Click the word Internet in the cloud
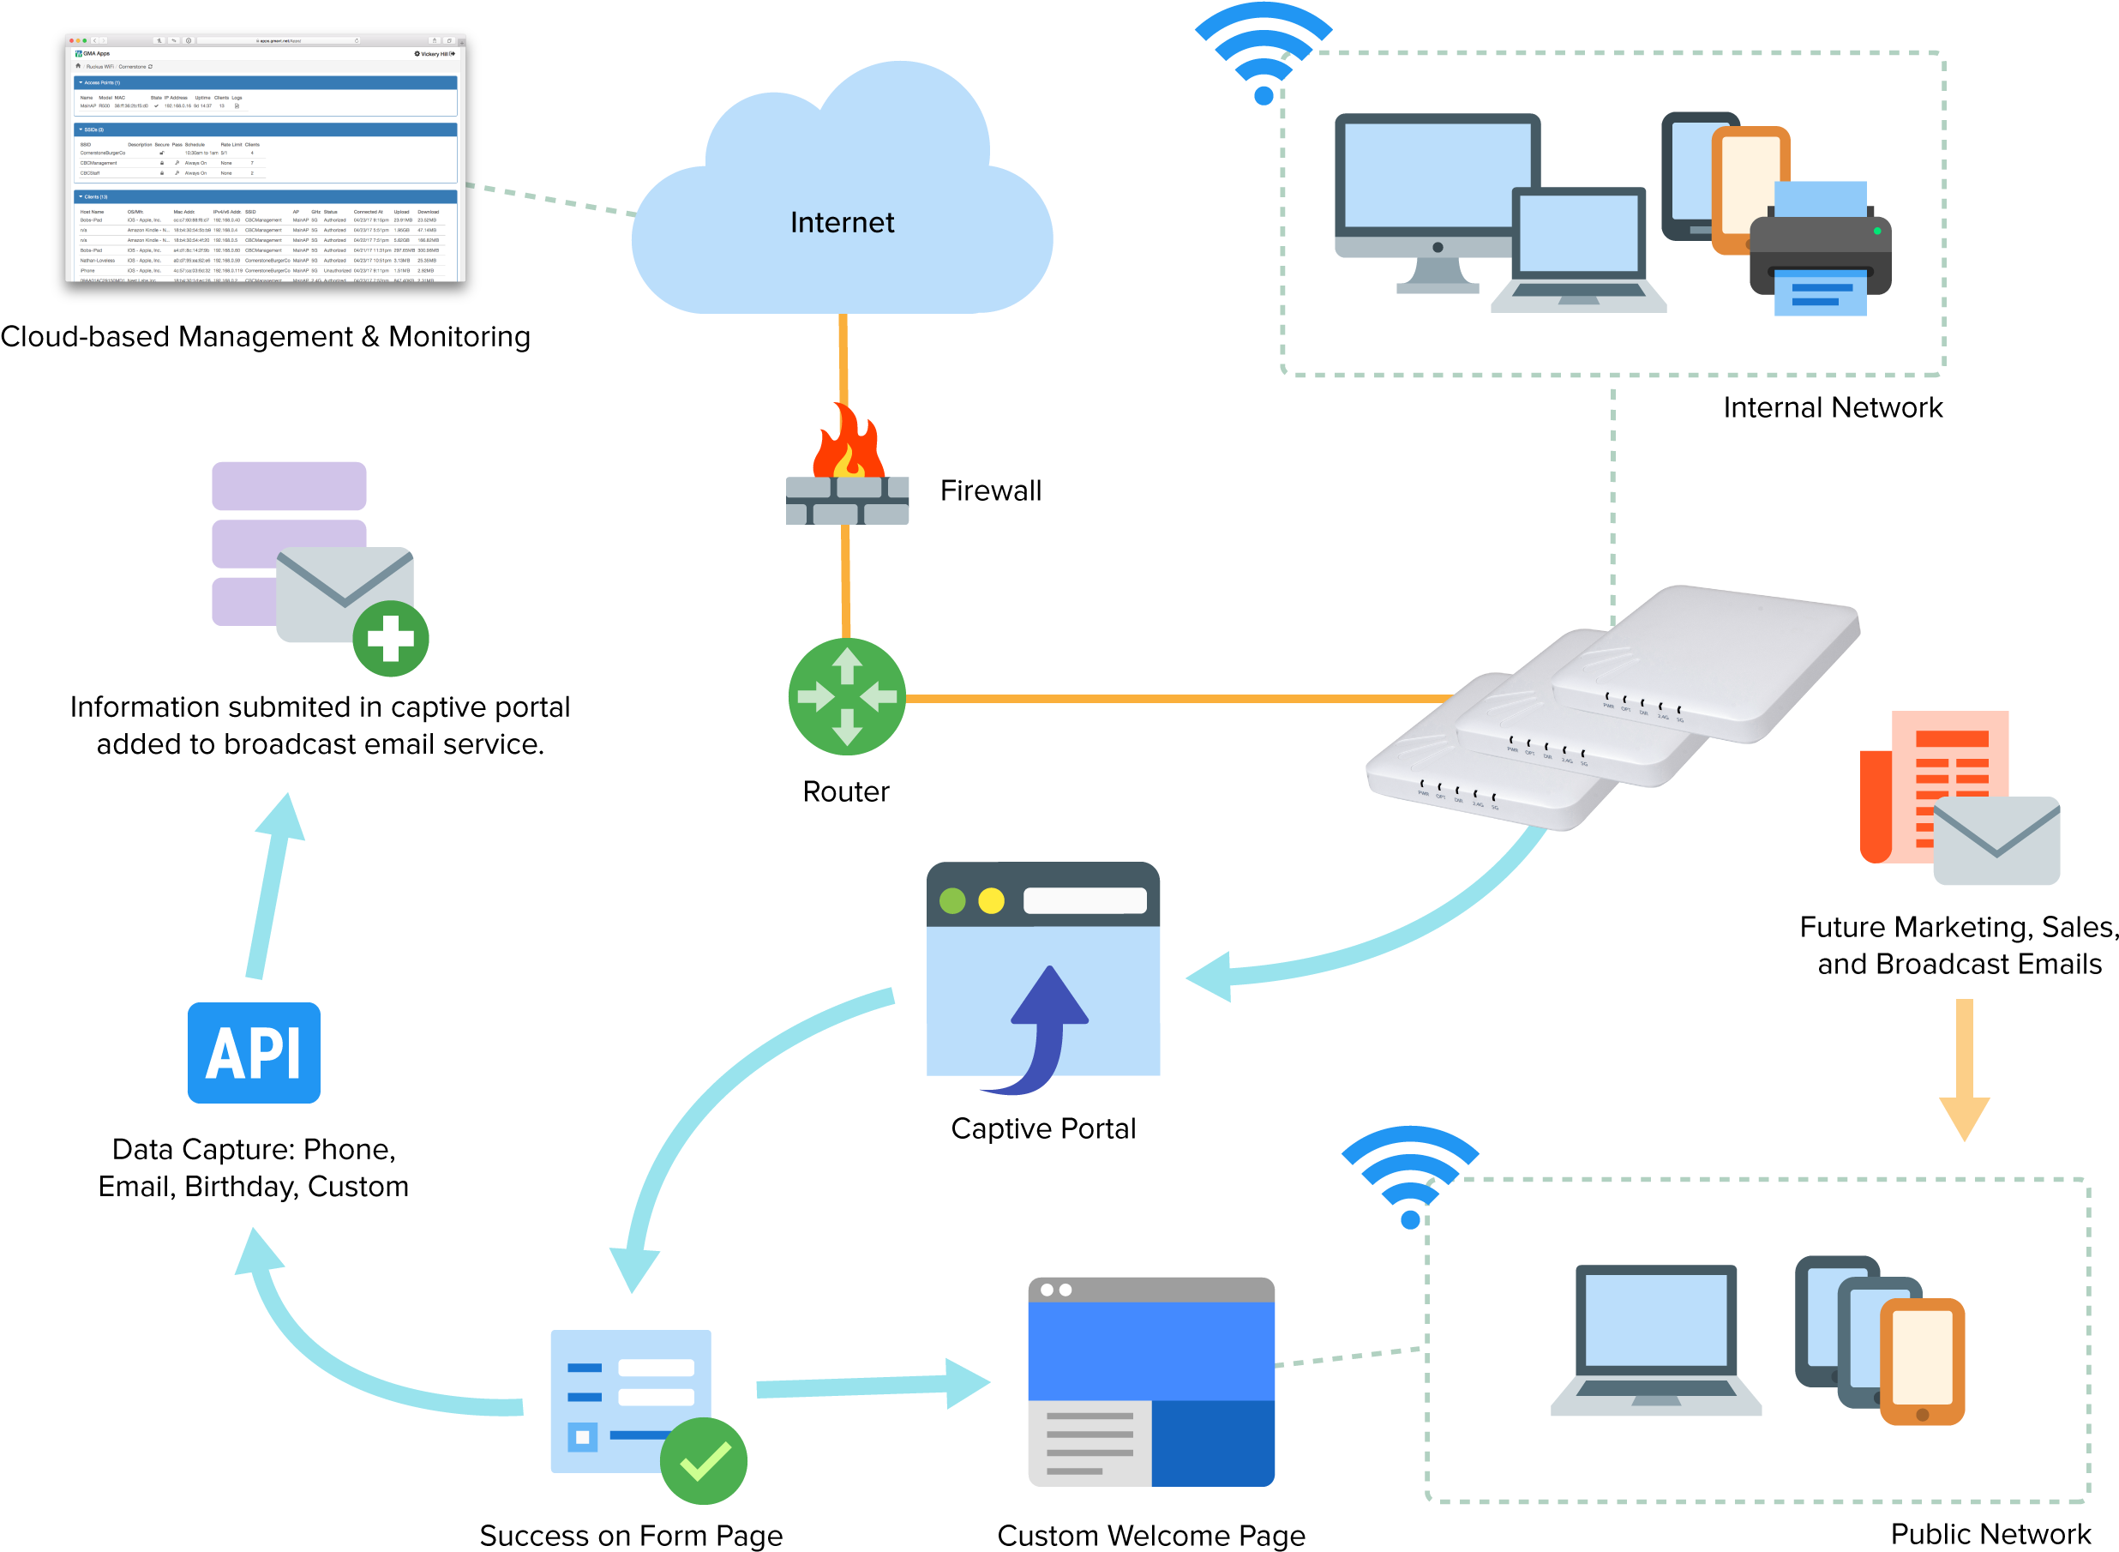click(x=842, y=223)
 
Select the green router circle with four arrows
click(x=846, y=696)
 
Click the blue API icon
click(x=254, y=1052)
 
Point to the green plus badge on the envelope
click(x=391, y=639)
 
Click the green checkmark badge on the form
click(x=704, y=1460)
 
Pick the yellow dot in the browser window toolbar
click(x=991, y=901)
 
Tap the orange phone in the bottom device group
click(x=1922, y=1362)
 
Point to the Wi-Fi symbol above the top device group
click(x=1264, y=51)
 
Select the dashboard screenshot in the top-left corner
click(x=265, y=158)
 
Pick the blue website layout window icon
click(x=1150, y=1381)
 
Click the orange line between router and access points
click(x=1174, y=698)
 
